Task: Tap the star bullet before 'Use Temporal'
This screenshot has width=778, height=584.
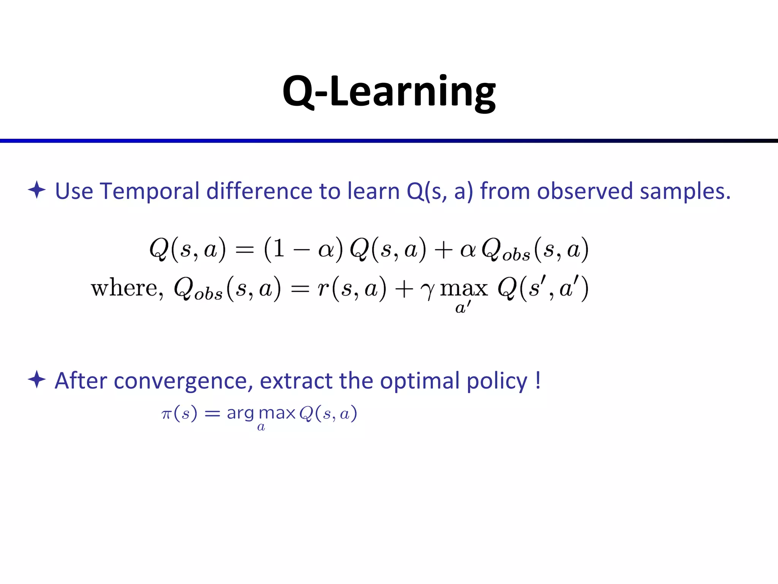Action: click(x=37, y=190)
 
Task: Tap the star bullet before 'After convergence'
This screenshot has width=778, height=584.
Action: click(x=37, y=379)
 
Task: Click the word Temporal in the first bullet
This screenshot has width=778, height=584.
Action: click(x=149, y=191)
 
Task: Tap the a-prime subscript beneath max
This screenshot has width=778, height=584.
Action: click(x=463, y=307)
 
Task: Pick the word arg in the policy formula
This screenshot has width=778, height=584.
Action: click(x=240, y=414)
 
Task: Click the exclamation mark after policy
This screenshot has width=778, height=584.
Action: click(x=538, y=380)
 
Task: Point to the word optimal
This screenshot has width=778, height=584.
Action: click(x=420, y=381)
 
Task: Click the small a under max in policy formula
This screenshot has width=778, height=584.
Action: click(x=261, y=427)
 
